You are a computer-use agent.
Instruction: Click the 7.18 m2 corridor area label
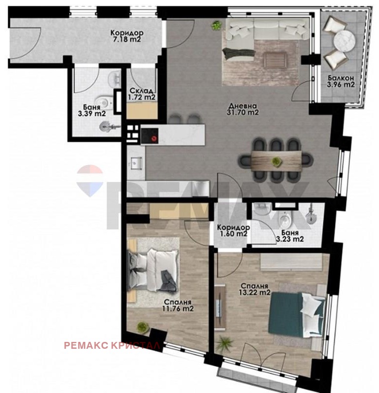127,36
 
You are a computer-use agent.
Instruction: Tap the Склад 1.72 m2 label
142,94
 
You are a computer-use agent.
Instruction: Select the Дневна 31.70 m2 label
243,109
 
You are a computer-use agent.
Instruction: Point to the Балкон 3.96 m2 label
341,82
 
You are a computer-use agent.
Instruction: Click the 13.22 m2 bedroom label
254,289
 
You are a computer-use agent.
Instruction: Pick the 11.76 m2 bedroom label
178,305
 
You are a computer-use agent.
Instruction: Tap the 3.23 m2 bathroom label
290,236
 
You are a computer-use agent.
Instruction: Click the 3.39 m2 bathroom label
92,111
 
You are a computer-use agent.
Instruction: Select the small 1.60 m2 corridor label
233,230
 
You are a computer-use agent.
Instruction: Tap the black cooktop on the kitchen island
150,136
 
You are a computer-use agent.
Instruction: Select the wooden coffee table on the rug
276,59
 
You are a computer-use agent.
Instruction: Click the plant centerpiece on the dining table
277,162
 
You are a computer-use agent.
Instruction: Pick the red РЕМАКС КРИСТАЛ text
112,345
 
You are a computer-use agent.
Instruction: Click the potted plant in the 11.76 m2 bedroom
143,327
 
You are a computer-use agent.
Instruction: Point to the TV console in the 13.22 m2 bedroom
220,306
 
